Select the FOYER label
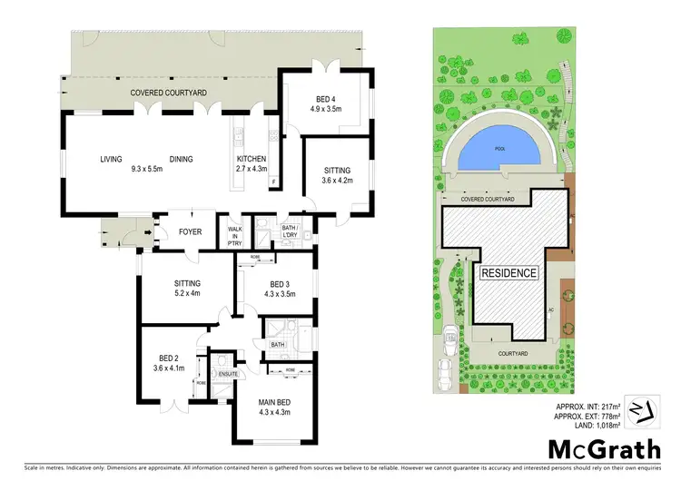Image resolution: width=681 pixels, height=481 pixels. (x=190, y=232)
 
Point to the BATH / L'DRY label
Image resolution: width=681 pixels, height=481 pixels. (x=291, y=229)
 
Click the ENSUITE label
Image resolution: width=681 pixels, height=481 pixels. (x=222, y=373)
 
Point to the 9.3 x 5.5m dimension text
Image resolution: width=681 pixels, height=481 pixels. (x=148, y=169)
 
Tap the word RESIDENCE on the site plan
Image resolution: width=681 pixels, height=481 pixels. (x=508, y=272)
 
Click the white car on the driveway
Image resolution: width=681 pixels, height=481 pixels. (x=446, y=370)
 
